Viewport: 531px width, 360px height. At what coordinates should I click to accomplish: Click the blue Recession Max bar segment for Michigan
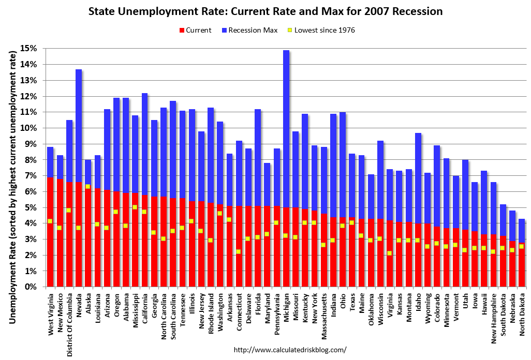point(286,129)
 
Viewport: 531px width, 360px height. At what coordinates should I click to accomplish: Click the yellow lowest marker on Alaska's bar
point(88,186)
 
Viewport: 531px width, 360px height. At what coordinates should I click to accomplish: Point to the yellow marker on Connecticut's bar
point(239,251)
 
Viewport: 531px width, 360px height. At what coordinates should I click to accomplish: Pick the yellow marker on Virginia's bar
point(389,253)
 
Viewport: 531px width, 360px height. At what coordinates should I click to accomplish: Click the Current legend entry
point(195,30)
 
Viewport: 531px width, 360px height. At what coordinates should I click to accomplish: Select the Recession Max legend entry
point(248,30)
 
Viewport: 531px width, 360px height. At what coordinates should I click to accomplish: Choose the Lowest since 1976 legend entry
point(321,30)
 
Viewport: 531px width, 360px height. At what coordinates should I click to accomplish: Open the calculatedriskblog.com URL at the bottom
point(290,350)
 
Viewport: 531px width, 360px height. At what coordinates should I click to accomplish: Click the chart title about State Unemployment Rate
point(265,11)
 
